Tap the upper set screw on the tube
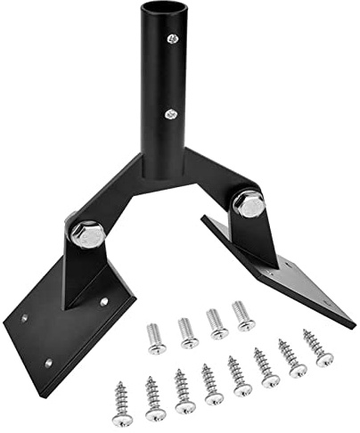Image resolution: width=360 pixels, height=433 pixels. tap(173, 39)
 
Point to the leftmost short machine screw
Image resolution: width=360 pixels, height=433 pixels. tap(157, 337)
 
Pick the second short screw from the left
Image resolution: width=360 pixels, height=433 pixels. tap(188, 331)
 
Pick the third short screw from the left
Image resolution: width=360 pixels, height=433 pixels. tap(216, 323)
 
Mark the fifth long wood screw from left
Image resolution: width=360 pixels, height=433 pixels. tap(239, 375)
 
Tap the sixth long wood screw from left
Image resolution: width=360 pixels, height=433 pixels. tap(266, 366)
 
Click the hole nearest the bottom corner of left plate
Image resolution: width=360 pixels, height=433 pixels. tap(48, 363)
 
